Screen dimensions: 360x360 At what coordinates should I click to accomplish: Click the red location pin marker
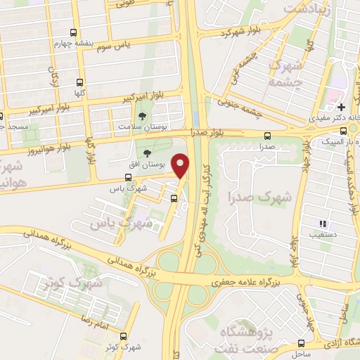tap(181, 165)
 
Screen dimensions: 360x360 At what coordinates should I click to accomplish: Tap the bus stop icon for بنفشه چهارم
tap(74, 32)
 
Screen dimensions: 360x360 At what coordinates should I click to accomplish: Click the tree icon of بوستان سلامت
tap(143, 115)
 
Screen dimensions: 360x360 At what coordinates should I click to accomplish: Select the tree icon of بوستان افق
tap(147, 154)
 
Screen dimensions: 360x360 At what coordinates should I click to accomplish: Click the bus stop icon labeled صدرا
tap(266, 136)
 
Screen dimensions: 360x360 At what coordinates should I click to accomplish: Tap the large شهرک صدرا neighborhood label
tap(250, 198)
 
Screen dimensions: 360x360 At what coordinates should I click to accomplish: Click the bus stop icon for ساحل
tap(301, 344)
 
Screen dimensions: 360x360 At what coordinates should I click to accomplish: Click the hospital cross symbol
tap(341, 107)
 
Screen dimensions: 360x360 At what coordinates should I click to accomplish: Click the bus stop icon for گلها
tap(79, 81)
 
